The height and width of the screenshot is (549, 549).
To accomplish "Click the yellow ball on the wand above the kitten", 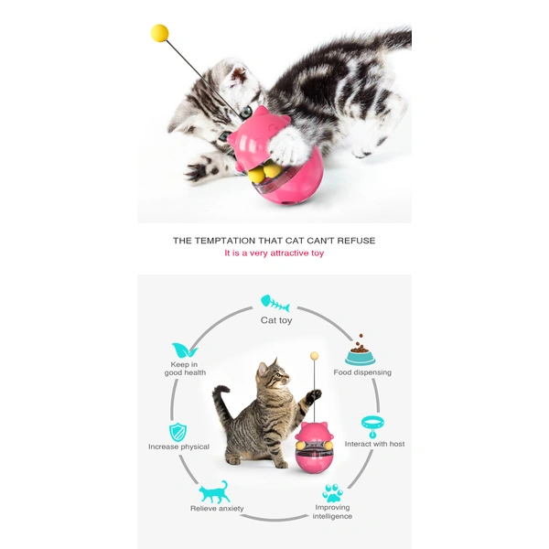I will point(160,33).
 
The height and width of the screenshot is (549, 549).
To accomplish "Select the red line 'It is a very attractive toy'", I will point(274,253).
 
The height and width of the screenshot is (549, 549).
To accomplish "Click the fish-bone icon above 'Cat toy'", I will point(275,301).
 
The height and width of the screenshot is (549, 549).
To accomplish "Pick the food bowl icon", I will point(360,351).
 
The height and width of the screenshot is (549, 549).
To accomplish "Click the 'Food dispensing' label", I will point(362,372).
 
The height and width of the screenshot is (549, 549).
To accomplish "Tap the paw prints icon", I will point(333,491).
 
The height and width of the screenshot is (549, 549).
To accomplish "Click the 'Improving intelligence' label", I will point(333,511).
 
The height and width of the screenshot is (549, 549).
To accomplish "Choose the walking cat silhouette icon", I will point(216,491).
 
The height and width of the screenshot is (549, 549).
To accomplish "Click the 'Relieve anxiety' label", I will point(217,509).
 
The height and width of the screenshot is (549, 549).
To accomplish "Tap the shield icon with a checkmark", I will point(178,432).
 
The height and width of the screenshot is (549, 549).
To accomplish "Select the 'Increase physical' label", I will point(178,447).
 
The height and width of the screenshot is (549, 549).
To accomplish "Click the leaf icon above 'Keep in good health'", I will point(184,351).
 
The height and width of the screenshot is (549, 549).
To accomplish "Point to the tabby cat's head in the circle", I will point(272,375).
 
